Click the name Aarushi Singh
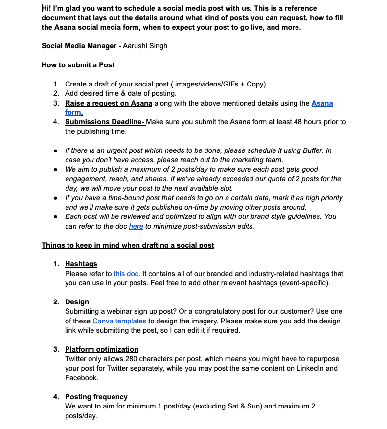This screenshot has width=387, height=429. [x=145, y=46]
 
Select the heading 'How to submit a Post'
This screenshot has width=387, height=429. [x=78, y=65]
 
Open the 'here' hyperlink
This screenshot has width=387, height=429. [x=136, y=226]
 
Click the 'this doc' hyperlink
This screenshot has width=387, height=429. [x=126, y=274]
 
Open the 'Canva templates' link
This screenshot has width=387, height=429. [x=119, y=321]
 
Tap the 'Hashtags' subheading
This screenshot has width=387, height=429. [x=81, y=264]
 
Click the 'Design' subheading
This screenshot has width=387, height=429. [x=77, y=302]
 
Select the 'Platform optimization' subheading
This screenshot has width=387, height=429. [x=101, y=349]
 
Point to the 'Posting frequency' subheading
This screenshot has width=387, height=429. [x=96, y=397]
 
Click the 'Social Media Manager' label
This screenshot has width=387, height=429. [x=79, y=46]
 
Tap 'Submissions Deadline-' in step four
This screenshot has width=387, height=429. [x=105, y=122]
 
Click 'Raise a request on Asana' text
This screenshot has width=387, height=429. [x=109, y=103]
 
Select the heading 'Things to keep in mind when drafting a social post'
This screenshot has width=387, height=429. [x=128, y=245]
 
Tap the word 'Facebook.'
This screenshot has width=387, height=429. [x=81, y=378]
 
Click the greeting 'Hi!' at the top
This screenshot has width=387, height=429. [x=46, y=8]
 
